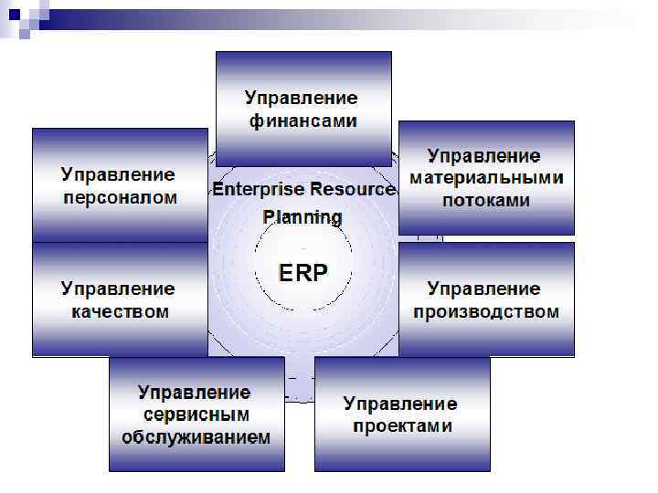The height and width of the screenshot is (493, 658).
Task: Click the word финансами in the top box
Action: pyautogui.click(x=302, y=120)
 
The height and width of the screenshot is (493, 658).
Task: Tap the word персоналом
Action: pyautogui.click(x=119, y=197)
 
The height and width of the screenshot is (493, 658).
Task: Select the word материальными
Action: pyautogui.click(x=486, y=178)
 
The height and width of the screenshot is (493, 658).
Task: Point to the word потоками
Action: pyautogui.click(x=486, y=201)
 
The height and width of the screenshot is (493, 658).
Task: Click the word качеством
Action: pyautogui.click(x=119, y=311)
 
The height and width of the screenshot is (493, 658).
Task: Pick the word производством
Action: pyautogui.click(x=486, y=311)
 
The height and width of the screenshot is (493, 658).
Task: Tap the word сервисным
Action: pyautogui.click(x=195, y=414)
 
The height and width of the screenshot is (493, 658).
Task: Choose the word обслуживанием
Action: pyautogui.click(x=196, y=436)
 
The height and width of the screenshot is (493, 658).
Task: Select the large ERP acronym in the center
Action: pyautogui.click(x=302, y=271)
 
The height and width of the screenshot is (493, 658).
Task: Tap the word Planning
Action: pyautogui.click(x=302, y=217)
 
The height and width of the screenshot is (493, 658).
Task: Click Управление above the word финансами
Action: pyautogui.click(x=302, y=97)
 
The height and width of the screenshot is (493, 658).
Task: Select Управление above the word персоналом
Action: pyautogui.click(x=119, y=173)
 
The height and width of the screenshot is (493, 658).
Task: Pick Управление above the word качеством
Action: pyautogui.click(x=119, y=288)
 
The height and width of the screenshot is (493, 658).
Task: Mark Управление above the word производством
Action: pyautogui.click(x=486, y=288)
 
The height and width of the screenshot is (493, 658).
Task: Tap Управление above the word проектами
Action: pyautogui.click(x=400, y=403)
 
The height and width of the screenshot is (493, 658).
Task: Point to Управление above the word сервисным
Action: pyautogui.click(x=195, y=392)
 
